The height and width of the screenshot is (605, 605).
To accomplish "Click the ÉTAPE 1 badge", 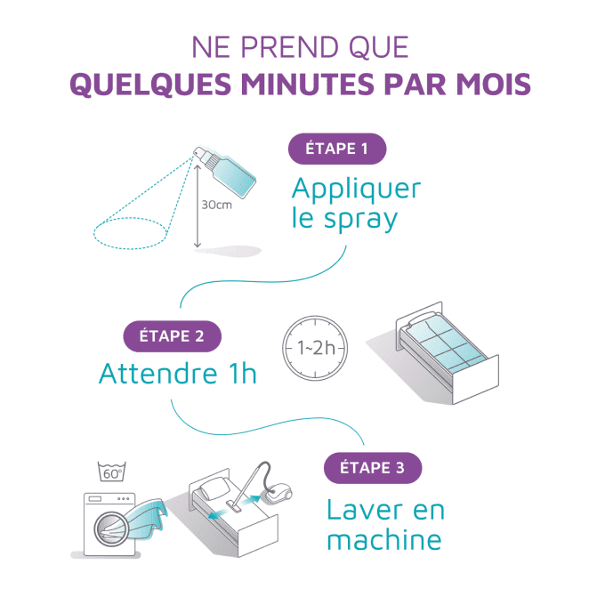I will pyautogui.click(x=336, y=149).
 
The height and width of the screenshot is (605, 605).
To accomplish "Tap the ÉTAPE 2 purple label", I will pyautogui.click(x=172, y=336).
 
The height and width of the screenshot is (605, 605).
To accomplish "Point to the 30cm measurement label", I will pyautogui.click(x=216, y=204).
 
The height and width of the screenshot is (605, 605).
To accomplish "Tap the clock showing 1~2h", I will pyautogui.click(x=314, y=345).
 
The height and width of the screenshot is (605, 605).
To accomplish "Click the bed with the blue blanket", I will pyautogui.click(x=442, y=347).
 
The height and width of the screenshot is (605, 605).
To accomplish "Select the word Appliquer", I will pyautogui.click(x=356, y=190).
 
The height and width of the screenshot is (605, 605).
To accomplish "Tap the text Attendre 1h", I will pyautogui.click(x=177, y=373).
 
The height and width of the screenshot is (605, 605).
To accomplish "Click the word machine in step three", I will pyautogui.click(x=383, y=539).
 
